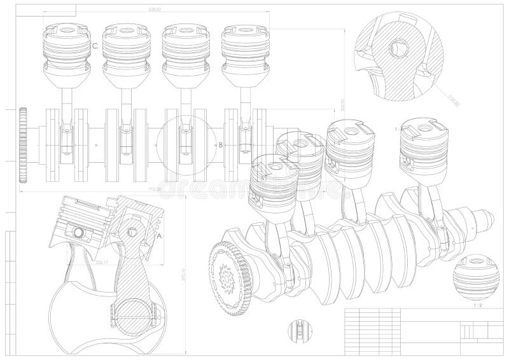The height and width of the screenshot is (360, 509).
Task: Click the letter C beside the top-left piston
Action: pyautogui.click(x=95, y=46)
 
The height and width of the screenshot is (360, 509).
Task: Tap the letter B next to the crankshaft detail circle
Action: pyautogui.click(x=221, y=144)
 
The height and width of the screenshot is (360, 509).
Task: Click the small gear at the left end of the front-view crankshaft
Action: pyautogui.click(x=24, y=145)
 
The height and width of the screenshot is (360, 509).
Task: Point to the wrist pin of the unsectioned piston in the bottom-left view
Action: pyautogui.click(x=80, y=232)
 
